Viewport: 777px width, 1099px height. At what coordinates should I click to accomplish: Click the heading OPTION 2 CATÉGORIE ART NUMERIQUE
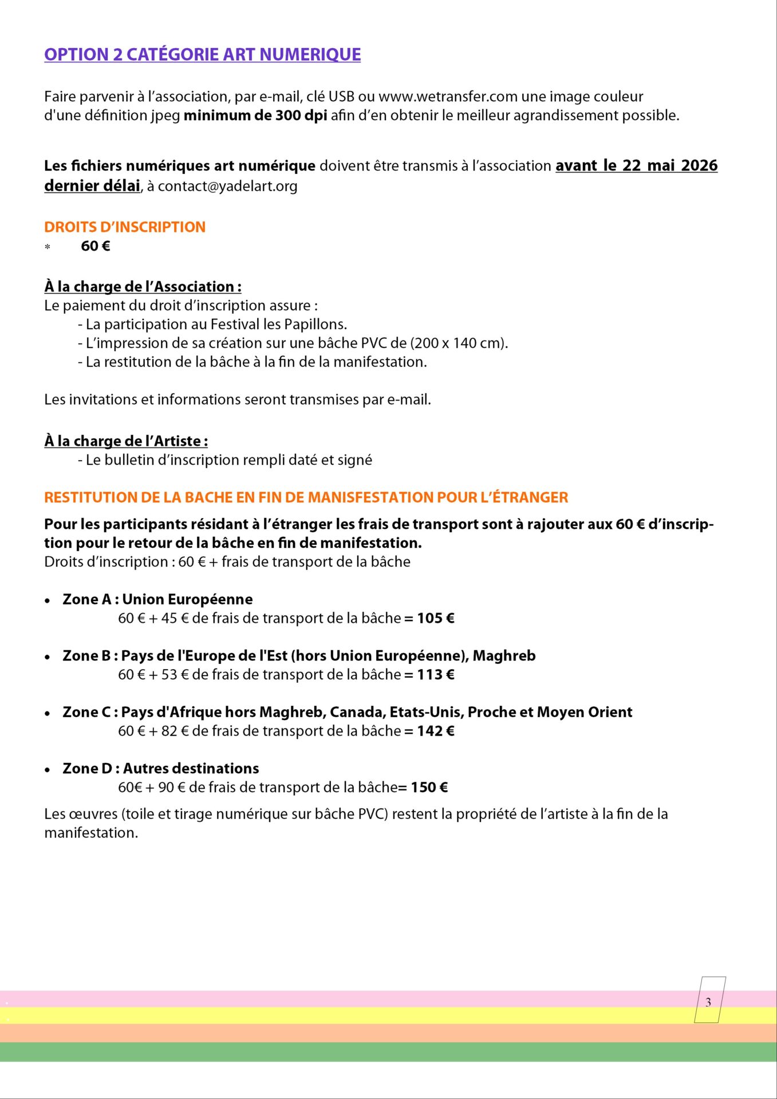tap(202, 54)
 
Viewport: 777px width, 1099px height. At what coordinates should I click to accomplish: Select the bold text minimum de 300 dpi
tap(255, 116)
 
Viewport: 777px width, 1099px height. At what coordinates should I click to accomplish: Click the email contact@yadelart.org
tap(227, 186)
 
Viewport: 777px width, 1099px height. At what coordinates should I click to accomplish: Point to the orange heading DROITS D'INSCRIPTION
tap(124, 227)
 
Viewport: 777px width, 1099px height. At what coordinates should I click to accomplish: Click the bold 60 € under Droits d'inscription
tap(96, 246)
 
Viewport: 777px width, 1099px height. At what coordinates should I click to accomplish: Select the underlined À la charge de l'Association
tap(143, 287)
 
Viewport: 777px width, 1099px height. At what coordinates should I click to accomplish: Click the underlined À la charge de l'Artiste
tap(126, 441)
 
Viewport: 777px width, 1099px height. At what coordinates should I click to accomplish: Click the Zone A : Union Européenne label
tap(157, 599)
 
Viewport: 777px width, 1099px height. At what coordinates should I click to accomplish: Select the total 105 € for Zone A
tap(435, 618)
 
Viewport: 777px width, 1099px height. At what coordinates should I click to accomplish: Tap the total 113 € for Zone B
tap(435, 675)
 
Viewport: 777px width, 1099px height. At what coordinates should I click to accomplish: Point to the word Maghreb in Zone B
tap(504, 656)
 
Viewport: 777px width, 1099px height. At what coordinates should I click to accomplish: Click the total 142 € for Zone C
tap(435, 731)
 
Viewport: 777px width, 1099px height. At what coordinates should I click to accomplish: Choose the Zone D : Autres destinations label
tap(161, 769)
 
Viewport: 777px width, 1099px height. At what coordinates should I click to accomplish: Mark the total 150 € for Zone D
tap(429, 788)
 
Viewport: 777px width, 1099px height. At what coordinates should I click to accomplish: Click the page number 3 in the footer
tap(708, 1002)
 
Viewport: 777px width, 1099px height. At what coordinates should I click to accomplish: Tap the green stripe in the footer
tap(388, 1052)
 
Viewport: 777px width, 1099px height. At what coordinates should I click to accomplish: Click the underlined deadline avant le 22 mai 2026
tap(636, 165)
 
